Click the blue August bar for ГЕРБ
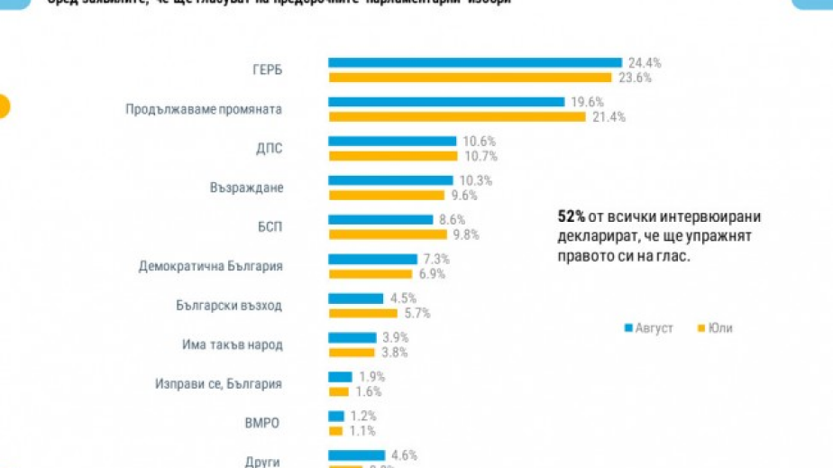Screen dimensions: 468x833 click(x=474, y=63)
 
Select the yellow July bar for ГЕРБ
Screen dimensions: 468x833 click(x=471, y=78)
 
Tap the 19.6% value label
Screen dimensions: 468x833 click(x=587, y=102)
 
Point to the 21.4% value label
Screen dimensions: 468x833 click(x=609, y=117)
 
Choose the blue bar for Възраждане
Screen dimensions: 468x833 click(x=390, y=180)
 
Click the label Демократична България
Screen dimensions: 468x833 click(x=210, y=266)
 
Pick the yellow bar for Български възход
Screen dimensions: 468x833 click(x=362, y=313)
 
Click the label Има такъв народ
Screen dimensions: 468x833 click(x=233, y=344)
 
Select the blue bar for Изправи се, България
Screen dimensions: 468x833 click(x=340, y=377)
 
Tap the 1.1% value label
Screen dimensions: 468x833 click(x=363, y=431)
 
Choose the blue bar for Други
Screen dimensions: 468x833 click(x=356, y=455)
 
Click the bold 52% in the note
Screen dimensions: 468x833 click(x=571, y=217)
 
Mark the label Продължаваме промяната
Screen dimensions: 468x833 click(x=204, y=109)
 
